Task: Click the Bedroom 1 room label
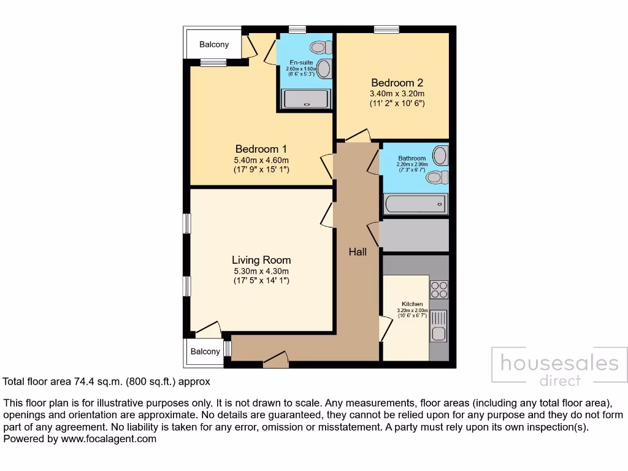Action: click(x=261, y=149)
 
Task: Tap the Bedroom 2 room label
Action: click(x=397, y=83)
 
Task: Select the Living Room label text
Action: click(x=261, y=260)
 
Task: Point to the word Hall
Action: click(x=358, y=252)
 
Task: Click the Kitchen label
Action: click(x=412, y=304)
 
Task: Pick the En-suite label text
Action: click(x=301, y=63)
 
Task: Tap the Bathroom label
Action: click(x=412, y=158)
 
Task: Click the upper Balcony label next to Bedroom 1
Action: click(x=214, y=44)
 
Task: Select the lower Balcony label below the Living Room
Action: click(x=205, y=351)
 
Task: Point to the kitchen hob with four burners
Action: click(x=439, y=289)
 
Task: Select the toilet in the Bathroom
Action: click(x=435, y=177)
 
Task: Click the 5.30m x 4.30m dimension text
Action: click(x=261, y=271)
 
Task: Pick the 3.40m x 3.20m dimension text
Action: click(x=397, y=94)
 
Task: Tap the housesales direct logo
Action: click(x=559, y=368)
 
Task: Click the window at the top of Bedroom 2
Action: click(x=386, y=29)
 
